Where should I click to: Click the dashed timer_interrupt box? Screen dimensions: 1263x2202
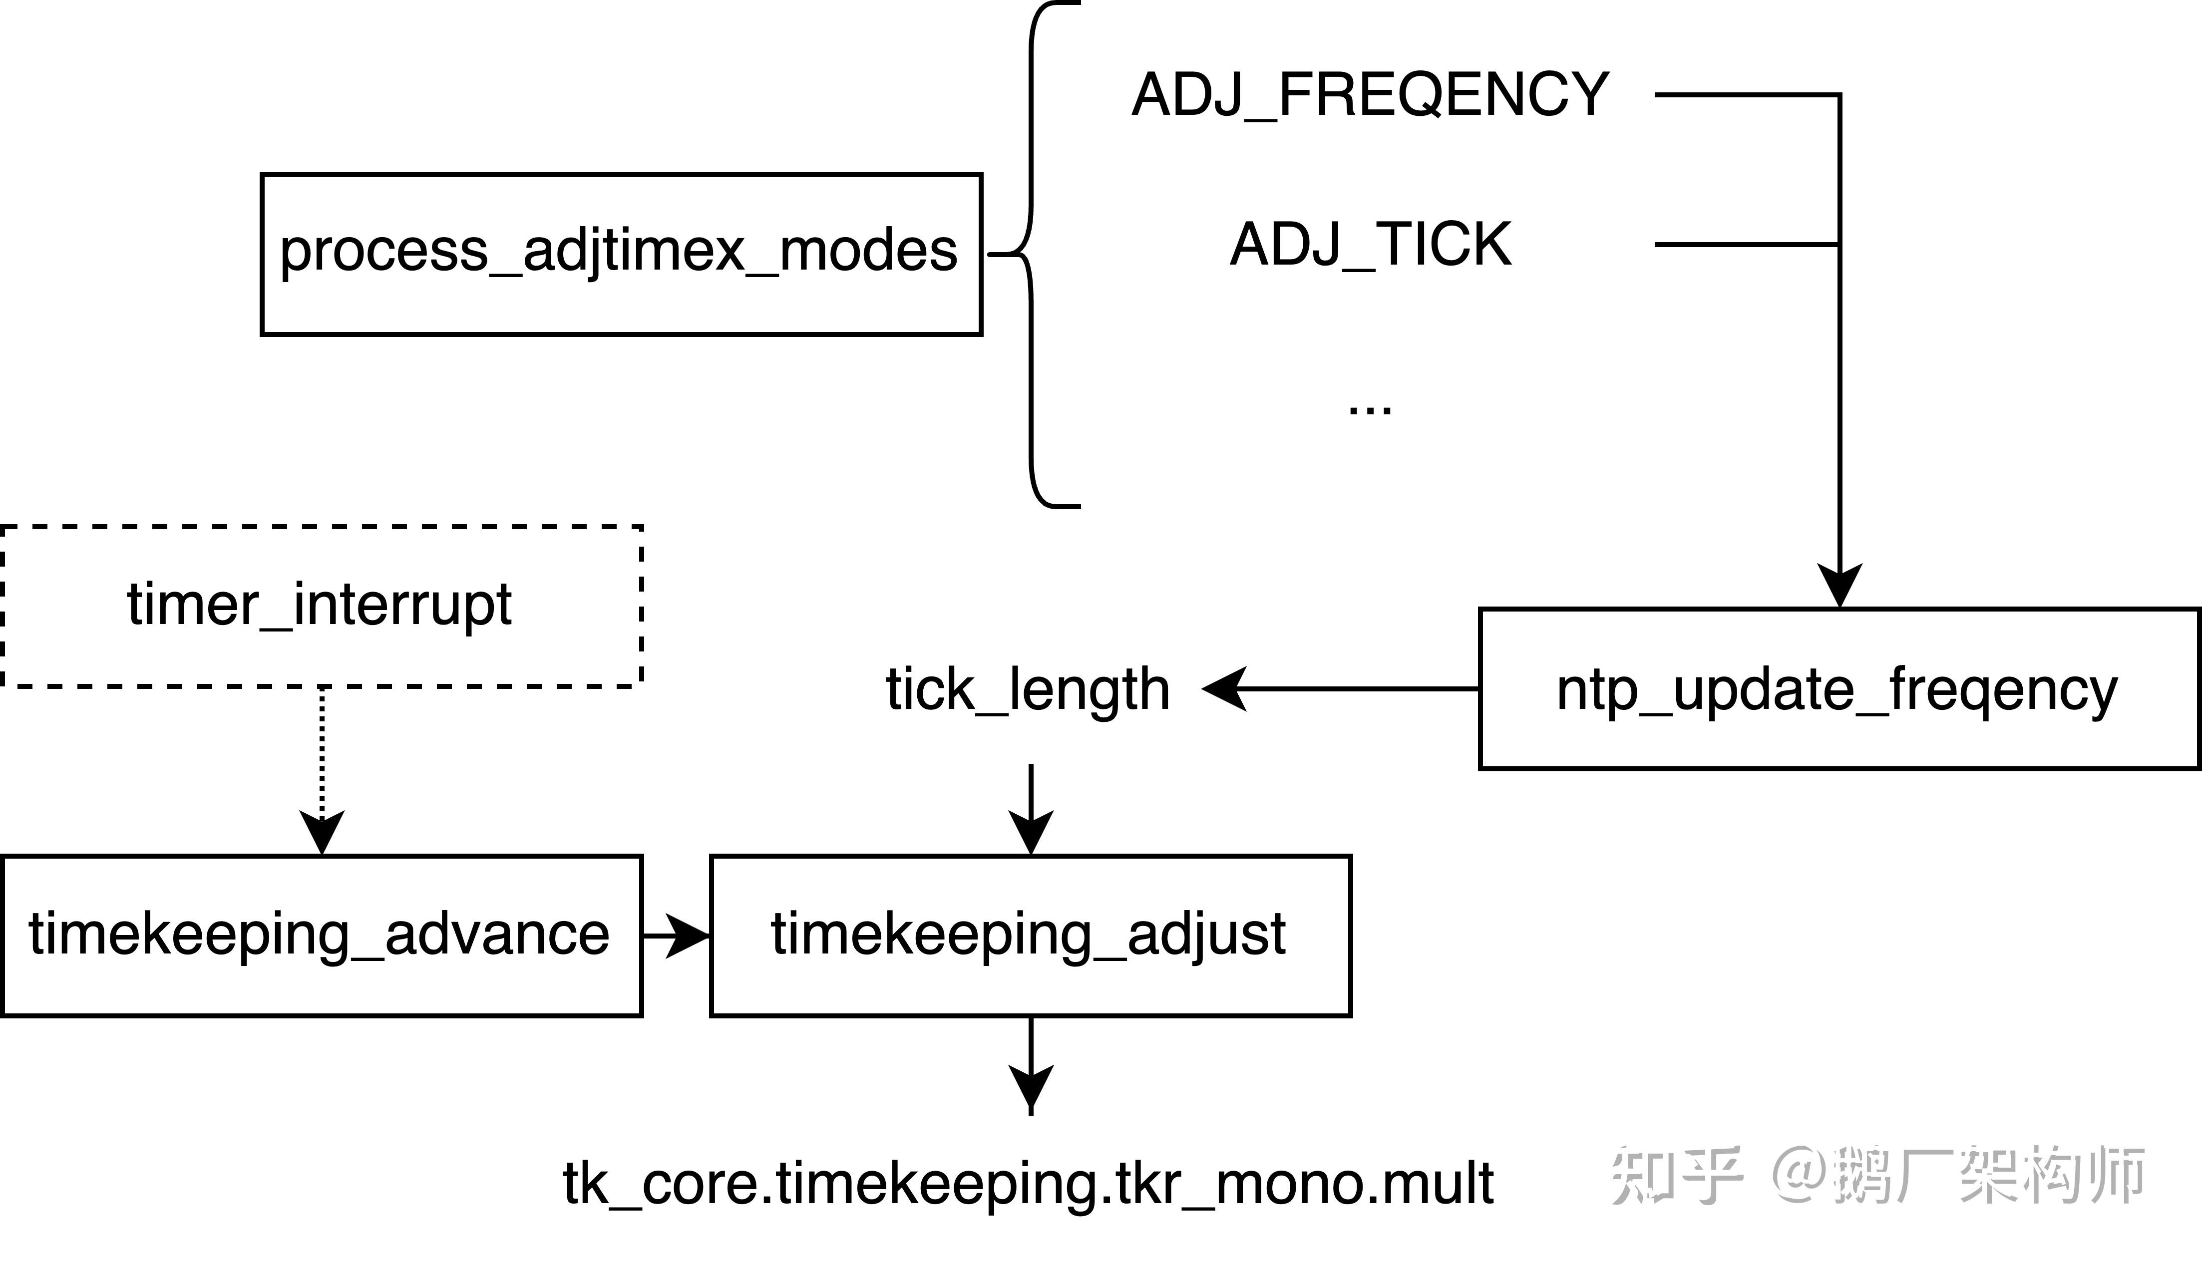tap(321, 606)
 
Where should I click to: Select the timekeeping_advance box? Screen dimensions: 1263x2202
tap(321, 935)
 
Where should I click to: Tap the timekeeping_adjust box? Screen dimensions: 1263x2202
tap(1030, 935)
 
